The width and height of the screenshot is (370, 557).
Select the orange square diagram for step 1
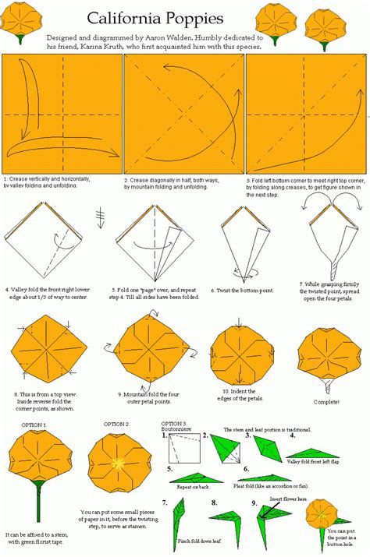(62, 114)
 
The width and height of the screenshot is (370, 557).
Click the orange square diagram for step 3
(307, 114)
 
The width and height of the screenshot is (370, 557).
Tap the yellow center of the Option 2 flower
(116, 462)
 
